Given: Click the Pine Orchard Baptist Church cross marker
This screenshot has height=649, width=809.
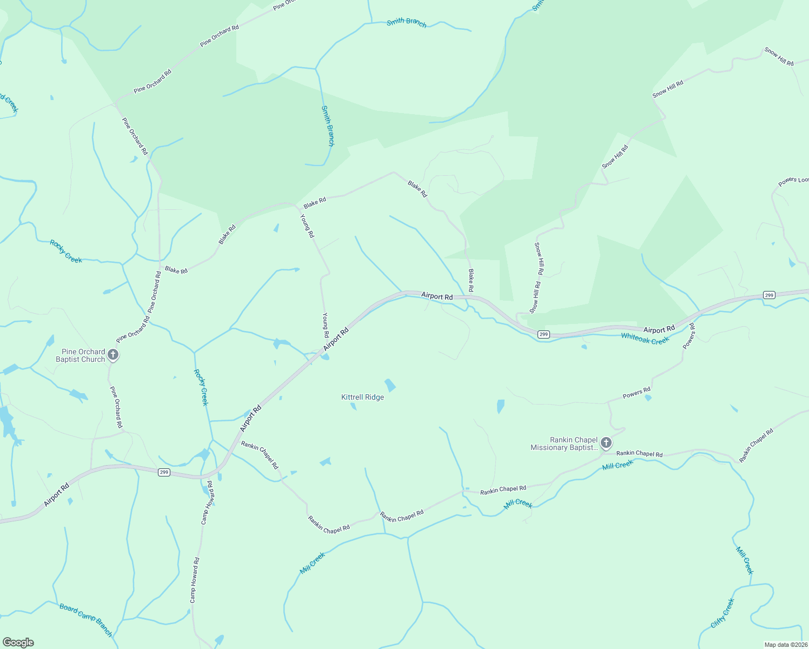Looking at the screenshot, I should coord(112,355).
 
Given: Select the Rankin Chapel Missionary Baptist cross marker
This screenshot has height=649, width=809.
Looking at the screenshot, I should coord(606,443).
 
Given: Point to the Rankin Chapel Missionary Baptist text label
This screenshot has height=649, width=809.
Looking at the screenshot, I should coord(565,444).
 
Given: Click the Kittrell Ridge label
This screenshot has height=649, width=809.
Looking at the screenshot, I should coord(362,397).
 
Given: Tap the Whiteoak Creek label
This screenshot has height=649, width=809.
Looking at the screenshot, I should coord(645,339).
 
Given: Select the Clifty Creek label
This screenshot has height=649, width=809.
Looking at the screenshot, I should coord(723,613).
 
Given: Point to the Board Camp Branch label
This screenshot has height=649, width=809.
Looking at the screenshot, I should coord(86,620).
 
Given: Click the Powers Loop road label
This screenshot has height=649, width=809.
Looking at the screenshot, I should coord(793,181).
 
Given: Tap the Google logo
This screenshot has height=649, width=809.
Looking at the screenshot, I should coord(18,642).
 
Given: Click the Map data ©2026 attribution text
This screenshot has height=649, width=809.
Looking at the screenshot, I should coord(785,645).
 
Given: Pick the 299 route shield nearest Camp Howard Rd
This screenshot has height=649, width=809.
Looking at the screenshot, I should coord(164,472).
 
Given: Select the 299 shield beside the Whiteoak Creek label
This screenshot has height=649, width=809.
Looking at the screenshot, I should coord(543,334).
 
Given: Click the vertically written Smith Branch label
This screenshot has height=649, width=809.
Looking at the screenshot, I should coord(328,125).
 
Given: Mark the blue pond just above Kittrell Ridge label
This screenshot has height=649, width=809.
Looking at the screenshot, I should coord(390,385).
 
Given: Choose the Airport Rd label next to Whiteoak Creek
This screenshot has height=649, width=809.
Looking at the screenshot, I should coord(659,329).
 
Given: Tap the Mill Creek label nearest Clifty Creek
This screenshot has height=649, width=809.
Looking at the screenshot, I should coord(745,560).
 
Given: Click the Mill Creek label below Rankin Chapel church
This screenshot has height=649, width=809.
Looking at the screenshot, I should coord(618,465).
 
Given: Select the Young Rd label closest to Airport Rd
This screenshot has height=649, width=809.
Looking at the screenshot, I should coord(326,325).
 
